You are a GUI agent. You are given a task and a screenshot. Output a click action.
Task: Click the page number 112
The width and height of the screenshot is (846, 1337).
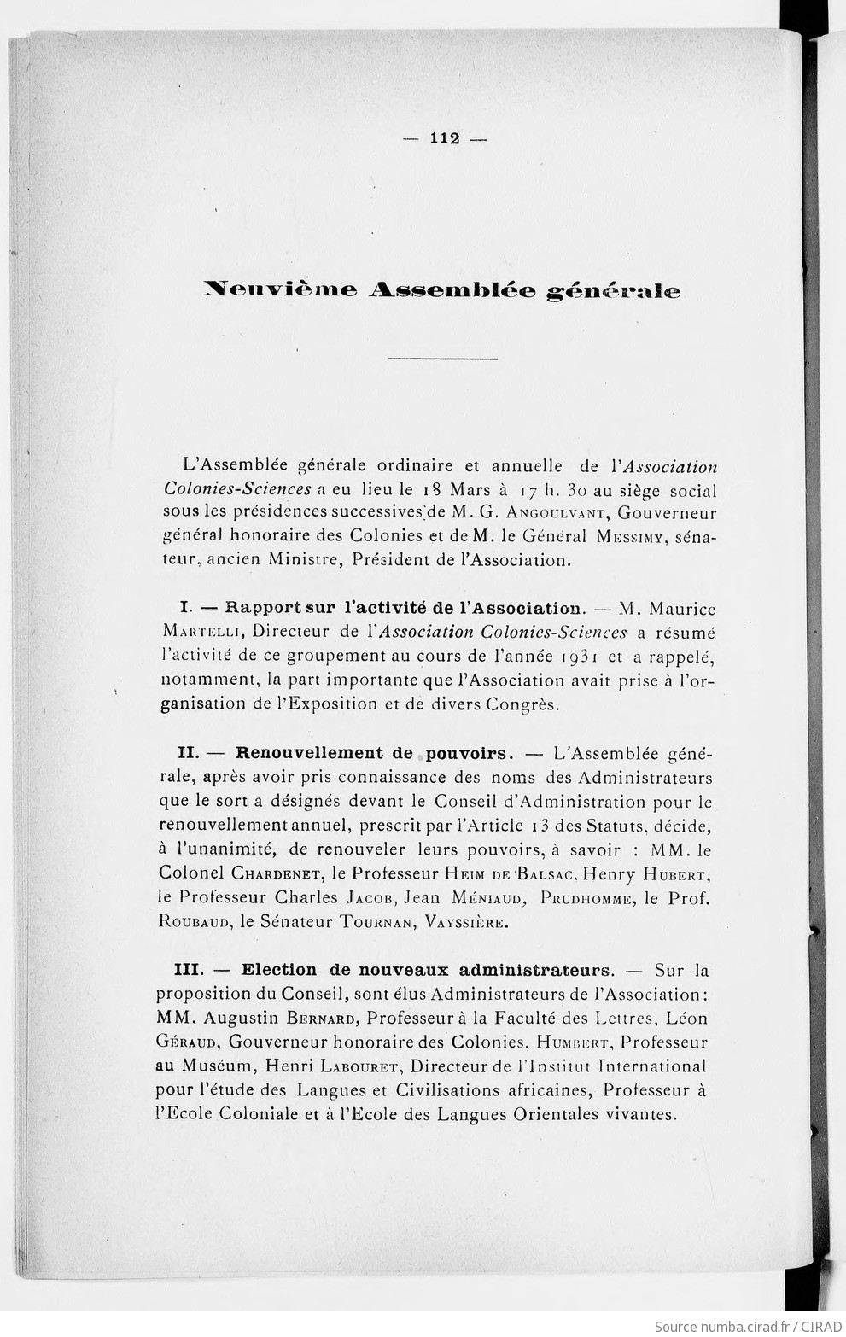pos(445,139)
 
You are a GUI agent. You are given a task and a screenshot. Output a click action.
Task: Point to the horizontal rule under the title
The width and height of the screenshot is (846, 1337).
pos(442,359)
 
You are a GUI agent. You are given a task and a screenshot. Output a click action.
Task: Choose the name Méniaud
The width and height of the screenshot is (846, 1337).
pos(477,898)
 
